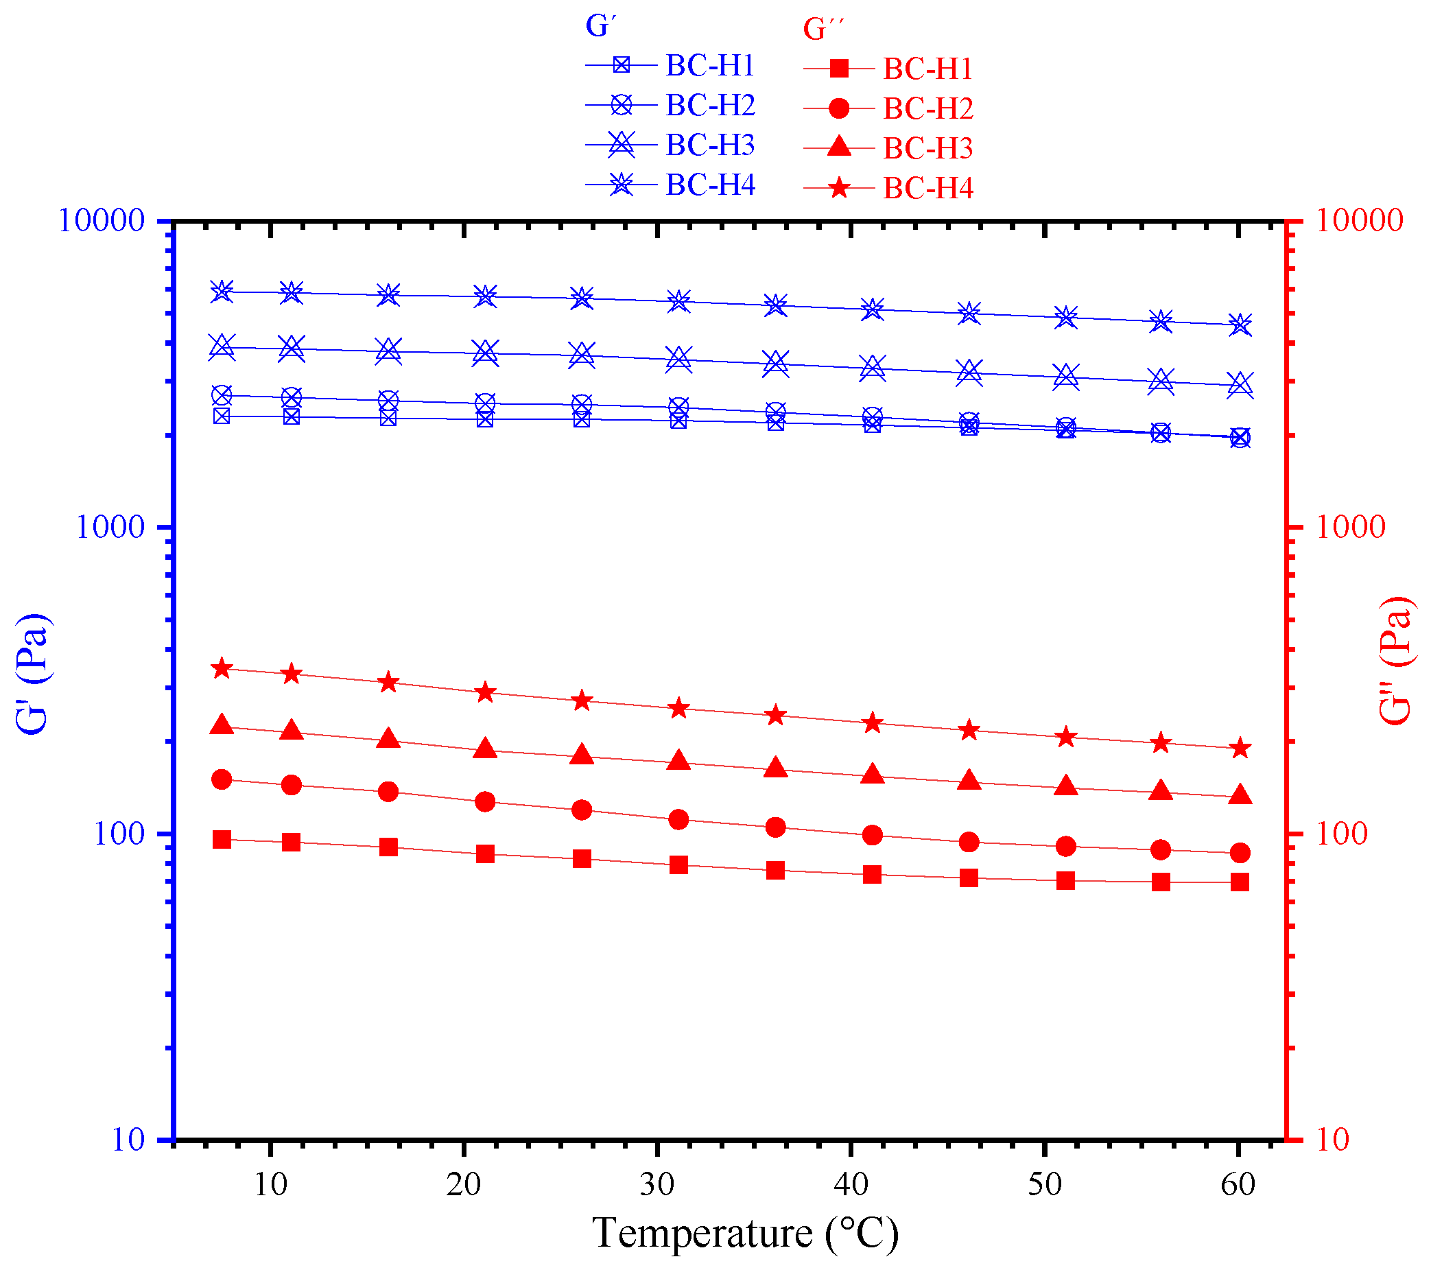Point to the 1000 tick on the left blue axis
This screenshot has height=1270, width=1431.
point(109,527)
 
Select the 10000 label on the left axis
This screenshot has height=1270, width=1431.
point(101,221)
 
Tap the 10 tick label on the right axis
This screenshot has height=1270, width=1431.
point(1332,1140)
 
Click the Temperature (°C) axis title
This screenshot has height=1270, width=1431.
point(745,1233)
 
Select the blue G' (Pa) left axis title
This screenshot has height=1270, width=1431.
point(32,674)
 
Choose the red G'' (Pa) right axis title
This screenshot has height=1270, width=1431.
point(1395,661)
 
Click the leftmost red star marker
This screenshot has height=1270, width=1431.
point(222,668)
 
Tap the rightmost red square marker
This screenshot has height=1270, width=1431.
point(1240,882)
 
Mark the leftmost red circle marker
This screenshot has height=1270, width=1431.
point(222,779)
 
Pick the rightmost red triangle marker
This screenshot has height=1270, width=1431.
point(1240,795)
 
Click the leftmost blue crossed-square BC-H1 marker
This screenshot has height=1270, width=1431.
point(222,416)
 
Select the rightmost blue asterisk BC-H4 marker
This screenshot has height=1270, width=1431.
point(1240,325)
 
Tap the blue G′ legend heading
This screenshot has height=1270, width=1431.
point(600,27)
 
